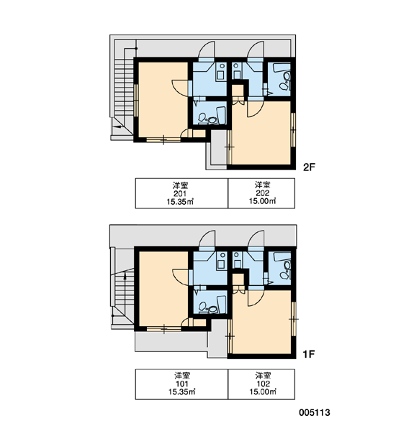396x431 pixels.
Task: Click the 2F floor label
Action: (x=309, y=167)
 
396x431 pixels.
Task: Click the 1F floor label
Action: (x=309, y=354)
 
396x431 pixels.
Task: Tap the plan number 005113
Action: (x=315, y=412)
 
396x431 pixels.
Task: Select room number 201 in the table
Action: (x=181, y=193)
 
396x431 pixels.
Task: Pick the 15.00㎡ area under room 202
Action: (x=262, y=201)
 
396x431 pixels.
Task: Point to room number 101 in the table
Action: (x=181, y=384)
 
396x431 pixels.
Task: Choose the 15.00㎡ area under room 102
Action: (x=262, y=391)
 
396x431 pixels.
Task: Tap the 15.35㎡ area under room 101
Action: (x=181, y=391)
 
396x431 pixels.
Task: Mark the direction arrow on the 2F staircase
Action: (x=117, y=126)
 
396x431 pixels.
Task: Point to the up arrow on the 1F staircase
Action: (x=125, y=277)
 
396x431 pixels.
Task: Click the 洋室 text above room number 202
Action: (x=262, y=185)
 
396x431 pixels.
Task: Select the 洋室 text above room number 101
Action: (x=181, y=376)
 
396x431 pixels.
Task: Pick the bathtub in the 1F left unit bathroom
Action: (x=222, y=305)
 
